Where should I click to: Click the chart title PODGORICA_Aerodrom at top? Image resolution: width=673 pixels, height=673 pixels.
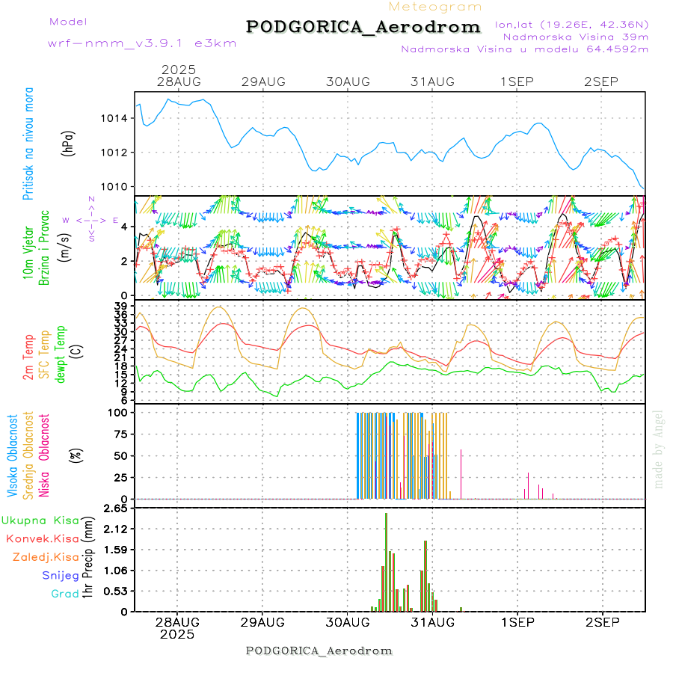click(363, 27)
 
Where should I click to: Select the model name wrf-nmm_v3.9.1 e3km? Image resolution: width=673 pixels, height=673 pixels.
click(142, 43)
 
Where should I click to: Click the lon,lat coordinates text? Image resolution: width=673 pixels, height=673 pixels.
click(571, 25)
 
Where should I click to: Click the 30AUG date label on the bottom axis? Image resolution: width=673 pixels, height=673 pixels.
click(348, 622)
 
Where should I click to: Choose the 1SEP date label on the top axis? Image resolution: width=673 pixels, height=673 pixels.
click(517, 82)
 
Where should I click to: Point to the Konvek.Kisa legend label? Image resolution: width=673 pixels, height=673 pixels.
click(43, 538)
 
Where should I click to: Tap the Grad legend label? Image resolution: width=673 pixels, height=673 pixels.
click(64, 594)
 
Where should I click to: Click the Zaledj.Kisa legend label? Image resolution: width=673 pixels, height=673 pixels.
click(46, 556)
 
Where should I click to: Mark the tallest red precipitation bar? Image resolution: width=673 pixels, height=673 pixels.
click(386, 561)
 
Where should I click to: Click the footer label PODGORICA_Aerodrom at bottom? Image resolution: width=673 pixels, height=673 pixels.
click(319, 651)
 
